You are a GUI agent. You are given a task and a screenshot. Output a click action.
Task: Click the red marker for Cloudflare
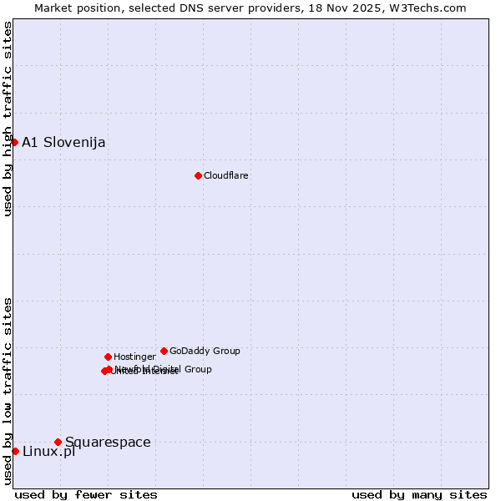(x=198, y=175)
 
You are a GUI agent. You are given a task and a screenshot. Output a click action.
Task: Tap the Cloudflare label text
(x=226, y=176)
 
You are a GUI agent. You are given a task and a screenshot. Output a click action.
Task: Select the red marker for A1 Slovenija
(x=14, y=142)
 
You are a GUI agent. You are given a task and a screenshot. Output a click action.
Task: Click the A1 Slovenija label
(x=63, y=143)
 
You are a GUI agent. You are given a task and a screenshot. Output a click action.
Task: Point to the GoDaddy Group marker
(x=164, y=351)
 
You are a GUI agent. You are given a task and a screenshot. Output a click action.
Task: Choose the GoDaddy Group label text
(x=205, y=352)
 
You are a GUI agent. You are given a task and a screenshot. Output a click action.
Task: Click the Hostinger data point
(x=108, y=357)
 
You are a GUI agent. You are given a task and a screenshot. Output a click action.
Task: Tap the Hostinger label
(x=134, y=357)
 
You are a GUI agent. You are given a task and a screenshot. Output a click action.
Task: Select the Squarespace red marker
(x=58, y=442)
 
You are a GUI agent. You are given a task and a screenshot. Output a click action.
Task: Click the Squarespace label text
(x=108, y=443)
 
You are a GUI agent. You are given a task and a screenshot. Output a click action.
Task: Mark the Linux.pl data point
(x=15, y=451)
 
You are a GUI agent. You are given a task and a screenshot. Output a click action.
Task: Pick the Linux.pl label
(x=48, y=452)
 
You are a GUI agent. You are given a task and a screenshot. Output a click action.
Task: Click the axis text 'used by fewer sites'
(x=86, y=494)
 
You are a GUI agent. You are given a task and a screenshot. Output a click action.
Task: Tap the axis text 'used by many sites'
(x=419, y=494)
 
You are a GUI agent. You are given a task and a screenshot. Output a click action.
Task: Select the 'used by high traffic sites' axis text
(x=8, y=119)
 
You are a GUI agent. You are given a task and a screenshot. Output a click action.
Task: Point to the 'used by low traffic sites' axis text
(x=8, y=391)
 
